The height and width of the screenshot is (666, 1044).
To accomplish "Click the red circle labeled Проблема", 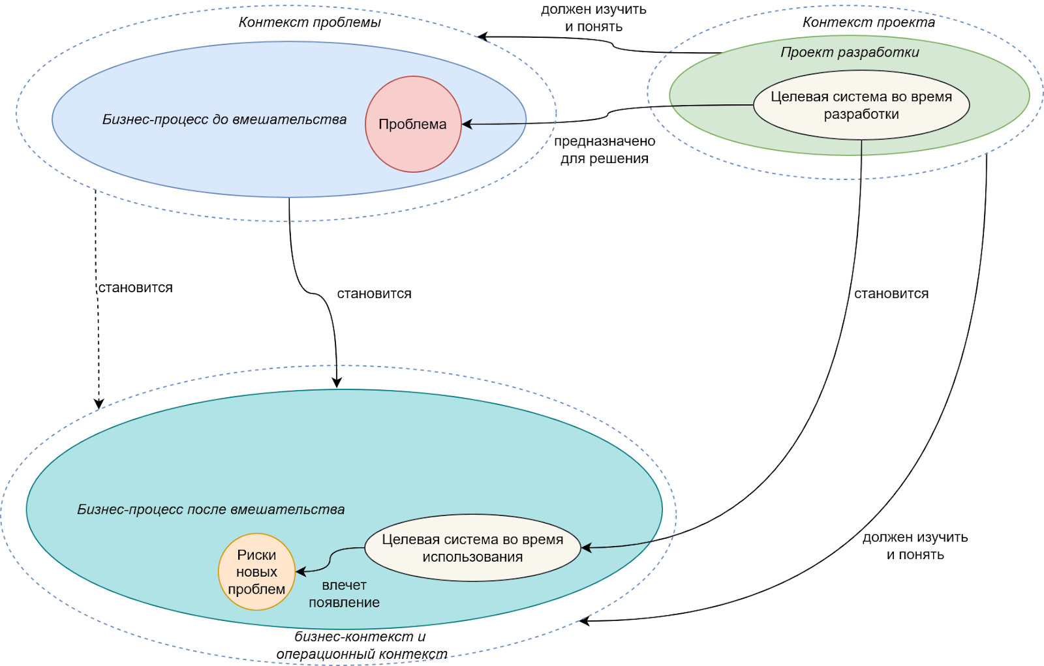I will pyautogui.click(x=413, y=124).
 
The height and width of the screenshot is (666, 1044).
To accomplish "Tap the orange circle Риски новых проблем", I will pyautogui.click(x=256, y=572).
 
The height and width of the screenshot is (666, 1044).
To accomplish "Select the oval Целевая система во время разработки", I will pyautogui.click(x=861, y=105).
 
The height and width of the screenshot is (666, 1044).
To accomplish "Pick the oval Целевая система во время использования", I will pyautogui.click(x=472, y=548).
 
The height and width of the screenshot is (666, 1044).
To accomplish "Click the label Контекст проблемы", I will pyautogui.click(x=309, y=22).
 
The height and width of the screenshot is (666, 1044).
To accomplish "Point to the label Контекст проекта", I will pyautogui.click(x=868, y=22).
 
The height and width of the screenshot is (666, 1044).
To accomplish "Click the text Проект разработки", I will pyautogui.click(x=850, y=52).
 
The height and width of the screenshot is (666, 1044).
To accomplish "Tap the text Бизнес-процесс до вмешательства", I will pyautogui.click(x=224, y=119).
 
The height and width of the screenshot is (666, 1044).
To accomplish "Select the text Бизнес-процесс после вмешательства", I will pyautogui.click(x=211, y=509).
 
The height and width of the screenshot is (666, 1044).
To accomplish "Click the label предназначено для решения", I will pyautogui.click(x=604, y=150).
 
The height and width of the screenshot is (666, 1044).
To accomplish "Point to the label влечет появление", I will pyautogui.click(x=344, y=594).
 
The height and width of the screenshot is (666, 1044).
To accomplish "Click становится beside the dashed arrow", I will pyautogui.click(x=136, y=288).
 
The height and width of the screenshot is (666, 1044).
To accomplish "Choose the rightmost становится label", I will pyautogui.click(x=891, y=294).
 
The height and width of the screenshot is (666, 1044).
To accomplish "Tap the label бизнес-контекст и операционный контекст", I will pyautogui.click(x=361, y=645).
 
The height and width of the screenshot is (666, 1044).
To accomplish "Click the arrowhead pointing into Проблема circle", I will pyautogui.click(x=467, y=124).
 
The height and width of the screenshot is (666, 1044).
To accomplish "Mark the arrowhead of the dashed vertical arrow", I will pyautogui.click(x=99, y=404).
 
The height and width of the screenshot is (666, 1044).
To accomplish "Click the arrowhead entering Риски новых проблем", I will pyautogui.click(x=300, y=572).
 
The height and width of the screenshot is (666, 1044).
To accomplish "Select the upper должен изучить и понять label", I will pyautogui.click(x=594, y=18).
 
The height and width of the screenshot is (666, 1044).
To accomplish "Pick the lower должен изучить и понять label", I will pyautogui.click(x=915, y=546).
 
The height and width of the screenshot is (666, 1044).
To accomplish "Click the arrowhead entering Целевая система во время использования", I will pyautogui.click(x=585, y=548).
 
